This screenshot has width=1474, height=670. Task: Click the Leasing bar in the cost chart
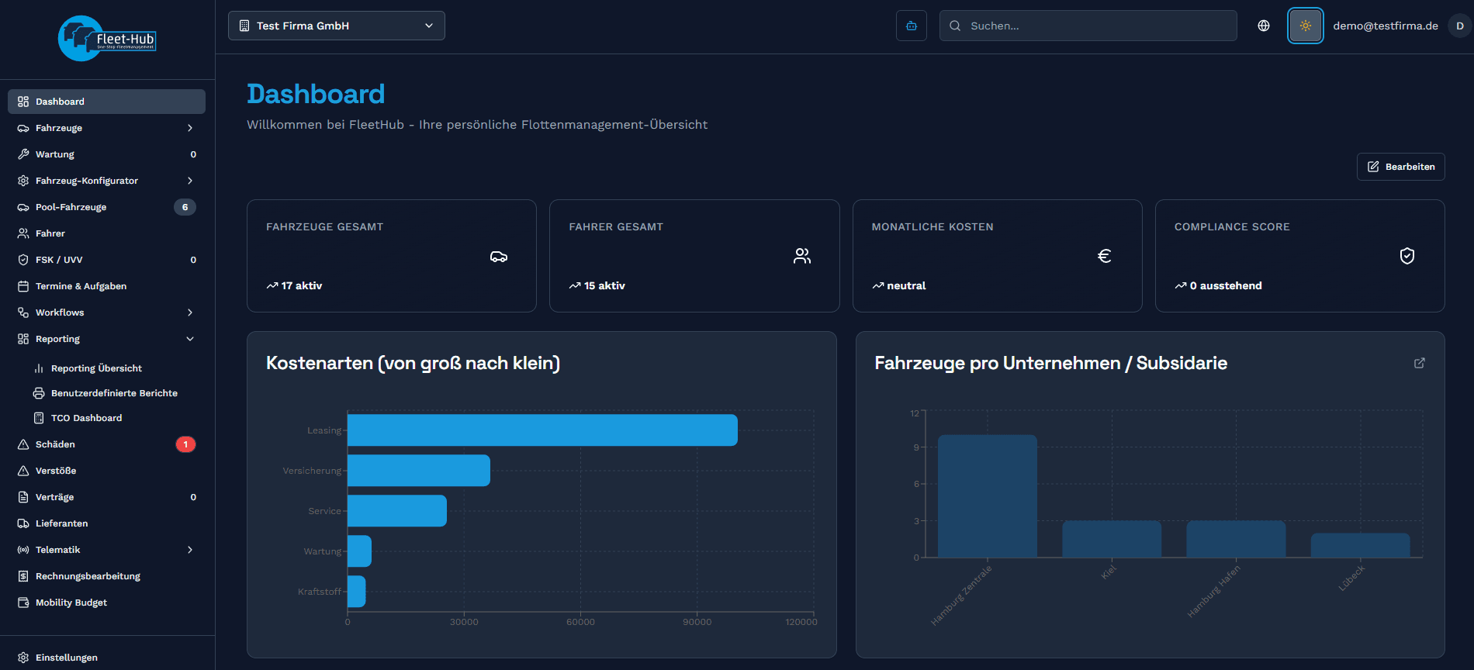[542, 430]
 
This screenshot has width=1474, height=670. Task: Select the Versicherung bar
[419, 471]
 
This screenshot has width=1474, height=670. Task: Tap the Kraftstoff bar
[357, 592]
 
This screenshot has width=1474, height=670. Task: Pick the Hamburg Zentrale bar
[987, 496]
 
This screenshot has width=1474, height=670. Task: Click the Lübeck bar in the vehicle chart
[1360, 545]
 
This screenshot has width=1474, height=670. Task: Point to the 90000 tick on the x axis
[697, 622]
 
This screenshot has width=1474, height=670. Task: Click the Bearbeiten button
[1400, 167]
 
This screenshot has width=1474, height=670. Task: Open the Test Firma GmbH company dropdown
[337, 26]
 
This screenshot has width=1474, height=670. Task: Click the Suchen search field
[1088, 26]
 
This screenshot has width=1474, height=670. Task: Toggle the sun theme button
[1305, 26]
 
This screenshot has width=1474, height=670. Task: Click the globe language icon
[1264, 26]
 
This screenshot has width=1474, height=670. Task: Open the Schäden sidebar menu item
[56, 444]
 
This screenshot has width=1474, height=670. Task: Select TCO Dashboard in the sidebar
[86, 418]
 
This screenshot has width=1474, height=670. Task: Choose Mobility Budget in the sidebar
[71, 603]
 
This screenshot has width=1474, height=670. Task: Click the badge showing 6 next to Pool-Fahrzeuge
[185, 207]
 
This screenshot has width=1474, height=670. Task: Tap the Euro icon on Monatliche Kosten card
[1105, 256]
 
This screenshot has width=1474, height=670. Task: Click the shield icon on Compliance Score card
[1407, 256]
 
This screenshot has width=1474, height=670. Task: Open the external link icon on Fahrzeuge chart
[1420, 363]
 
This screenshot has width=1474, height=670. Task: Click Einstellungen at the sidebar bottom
[67, 658]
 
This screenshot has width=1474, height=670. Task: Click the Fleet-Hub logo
[107, 39]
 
